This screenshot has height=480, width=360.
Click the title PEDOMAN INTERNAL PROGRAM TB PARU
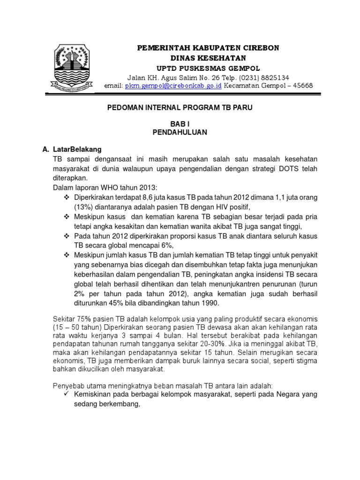[x=180, y=108]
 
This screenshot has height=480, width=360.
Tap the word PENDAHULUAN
[x=180, y=133]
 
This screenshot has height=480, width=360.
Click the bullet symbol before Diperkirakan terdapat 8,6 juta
[x=66, y=198]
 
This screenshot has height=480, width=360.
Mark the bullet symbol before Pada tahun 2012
[x=66, y=236]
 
